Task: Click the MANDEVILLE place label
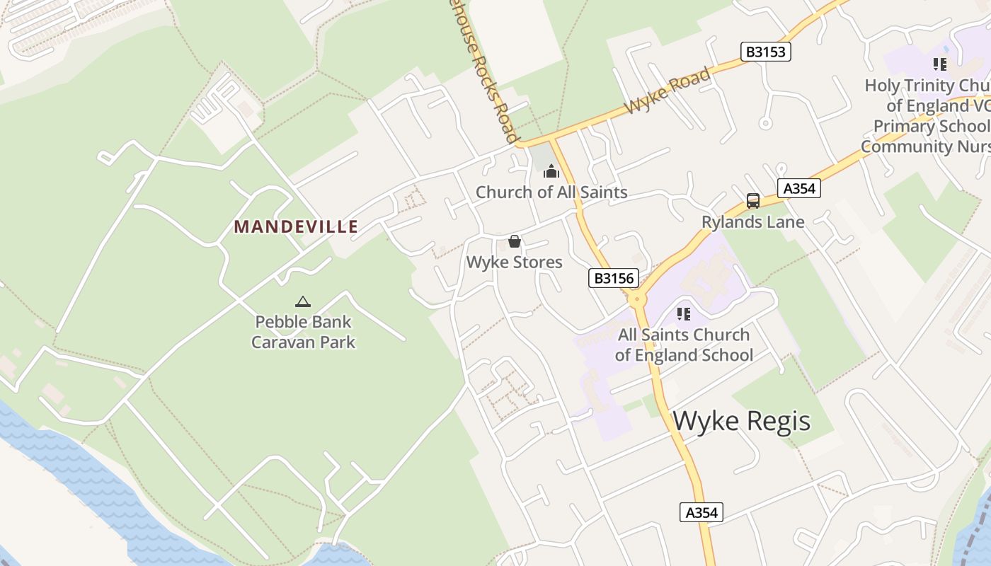pos(296,226)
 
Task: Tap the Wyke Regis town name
pos(741,421)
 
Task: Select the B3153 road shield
pos(766,52)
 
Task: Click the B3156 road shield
pos(614,278)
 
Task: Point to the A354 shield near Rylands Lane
pos(799,188)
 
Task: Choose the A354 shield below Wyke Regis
pos(701,512)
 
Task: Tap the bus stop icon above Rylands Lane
pos(753,201)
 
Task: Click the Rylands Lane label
pos(753,222)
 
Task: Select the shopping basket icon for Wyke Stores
pos(515,242)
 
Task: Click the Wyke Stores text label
pos(515,262)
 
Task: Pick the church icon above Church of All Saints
pos(551,171)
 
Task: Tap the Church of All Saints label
pos(551,192)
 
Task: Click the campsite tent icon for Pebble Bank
pos(303,302)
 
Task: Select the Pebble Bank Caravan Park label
pos(304,332)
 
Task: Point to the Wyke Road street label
pos(668,92)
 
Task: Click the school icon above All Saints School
pos(683,313)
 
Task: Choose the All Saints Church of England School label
pos(684,345)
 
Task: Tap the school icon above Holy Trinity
pos(940,65)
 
